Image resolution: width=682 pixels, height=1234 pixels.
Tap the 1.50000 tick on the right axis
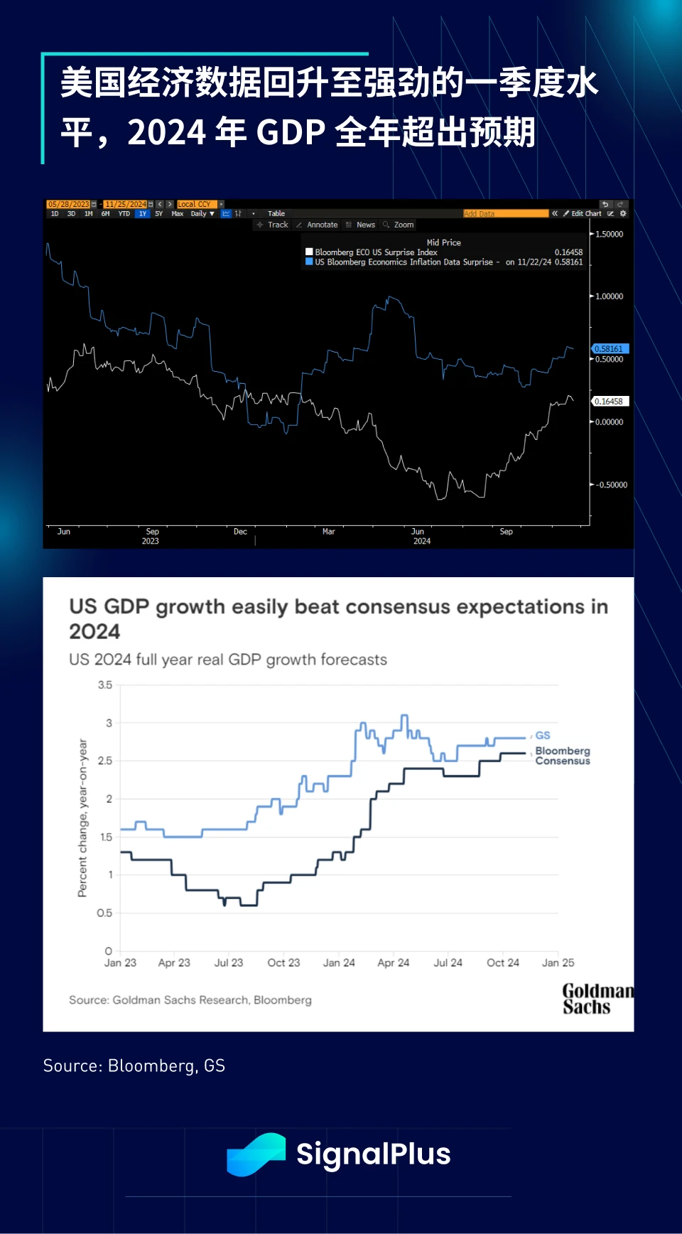[609, 234]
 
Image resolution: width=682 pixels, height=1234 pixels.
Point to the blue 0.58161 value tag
[610, 349]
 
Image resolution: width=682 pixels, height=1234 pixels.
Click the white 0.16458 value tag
[610, 402]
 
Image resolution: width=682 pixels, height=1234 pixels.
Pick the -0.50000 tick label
[611, 485]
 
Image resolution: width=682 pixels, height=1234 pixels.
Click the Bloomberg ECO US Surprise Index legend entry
[376, 252]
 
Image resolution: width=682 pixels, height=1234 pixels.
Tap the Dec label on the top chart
[240, 532]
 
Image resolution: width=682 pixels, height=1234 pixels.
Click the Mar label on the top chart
[328, 532]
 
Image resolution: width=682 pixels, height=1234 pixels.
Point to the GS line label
[543, 736]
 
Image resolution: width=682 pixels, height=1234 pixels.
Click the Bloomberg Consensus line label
[562, 756]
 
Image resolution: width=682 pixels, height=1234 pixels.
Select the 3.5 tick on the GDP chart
[105, 685]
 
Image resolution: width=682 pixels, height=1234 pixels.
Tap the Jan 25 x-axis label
[558, 962]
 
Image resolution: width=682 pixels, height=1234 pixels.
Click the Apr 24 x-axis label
[393, 962]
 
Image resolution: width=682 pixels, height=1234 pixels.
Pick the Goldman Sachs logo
[595, 999]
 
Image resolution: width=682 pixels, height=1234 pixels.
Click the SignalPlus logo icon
[255, 1154]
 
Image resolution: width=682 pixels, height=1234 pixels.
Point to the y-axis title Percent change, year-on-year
[82, 817]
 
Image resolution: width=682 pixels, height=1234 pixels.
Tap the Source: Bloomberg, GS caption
[134, 1066]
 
